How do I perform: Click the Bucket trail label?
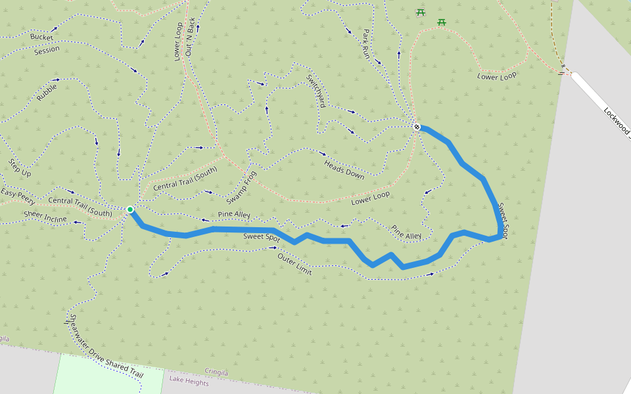click(41, 37)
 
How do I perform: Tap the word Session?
click(47, 49)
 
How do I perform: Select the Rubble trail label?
click(47, 92)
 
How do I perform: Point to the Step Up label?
click(20, 167)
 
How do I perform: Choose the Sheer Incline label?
click(45, 215)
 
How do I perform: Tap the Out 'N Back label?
click(191, 36)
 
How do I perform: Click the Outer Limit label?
click(294, 264)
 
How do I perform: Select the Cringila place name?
click(216, 372)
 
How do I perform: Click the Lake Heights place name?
click(189, 381)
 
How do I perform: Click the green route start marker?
click(130, 209)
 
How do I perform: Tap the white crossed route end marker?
click(417, 127)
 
